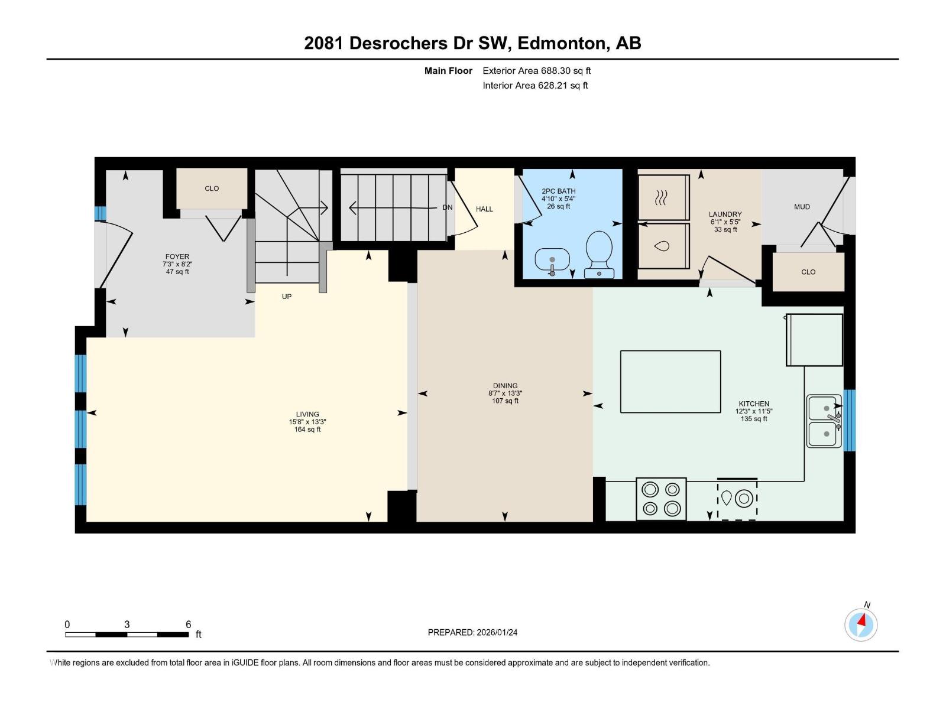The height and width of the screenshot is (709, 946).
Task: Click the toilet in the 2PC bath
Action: click(x=599, y=255)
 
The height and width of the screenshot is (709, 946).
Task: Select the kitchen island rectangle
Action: click(x=670, y=382)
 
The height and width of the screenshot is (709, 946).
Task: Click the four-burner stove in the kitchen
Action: click(x=661, y=499)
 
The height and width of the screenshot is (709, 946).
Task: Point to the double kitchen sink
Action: click(x=824, y=421)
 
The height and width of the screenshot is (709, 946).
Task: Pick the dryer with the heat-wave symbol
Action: click(x=663, y=197)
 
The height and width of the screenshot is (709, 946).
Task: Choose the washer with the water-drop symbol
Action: click(x=663, y=246)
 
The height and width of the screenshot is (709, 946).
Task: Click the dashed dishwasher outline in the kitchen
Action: click(x=737, y=499)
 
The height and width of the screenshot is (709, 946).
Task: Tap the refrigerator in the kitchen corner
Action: click(x=814, y=340)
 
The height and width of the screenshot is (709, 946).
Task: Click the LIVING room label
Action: click(x=307, y=414)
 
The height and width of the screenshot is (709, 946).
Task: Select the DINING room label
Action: click(x=505, y=386)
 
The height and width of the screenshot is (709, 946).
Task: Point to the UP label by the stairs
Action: click(x=287, y=297)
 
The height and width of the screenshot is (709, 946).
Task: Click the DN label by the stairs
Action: click(x=448, y=207)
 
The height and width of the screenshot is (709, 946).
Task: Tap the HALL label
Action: click(x=484, y=209)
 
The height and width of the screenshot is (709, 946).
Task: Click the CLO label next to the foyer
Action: click(x=212, y=188)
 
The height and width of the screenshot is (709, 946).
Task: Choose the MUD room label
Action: click(x=802, y=207)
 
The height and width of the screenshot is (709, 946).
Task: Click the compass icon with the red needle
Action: click(x=861, y=625)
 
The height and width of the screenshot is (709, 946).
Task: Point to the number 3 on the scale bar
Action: click(x=127, y=624)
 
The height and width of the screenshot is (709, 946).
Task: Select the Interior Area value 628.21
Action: click(x=553, y=85)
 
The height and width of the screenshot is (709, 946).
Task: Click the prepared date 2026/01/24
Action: click(x=497, y=632)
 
